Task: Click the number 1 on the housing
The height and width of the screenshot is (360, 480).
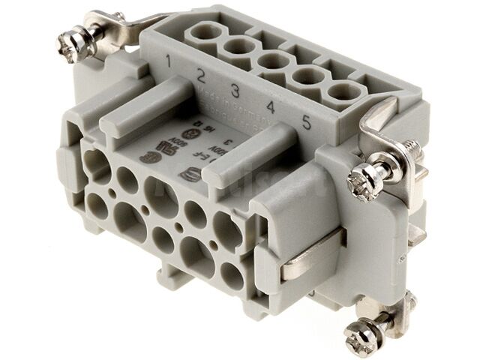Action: point(171,58)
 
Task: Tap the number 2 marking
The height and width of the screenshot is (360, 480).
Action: point(201,75)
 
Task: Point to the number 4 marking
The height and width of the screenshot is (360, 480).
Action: point(270,107)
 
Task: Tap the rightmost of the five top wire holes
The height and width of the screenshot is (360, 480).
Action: point(341,94)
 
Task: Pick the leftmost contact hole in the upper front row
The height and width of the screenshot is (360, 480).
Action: point(96,160)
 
